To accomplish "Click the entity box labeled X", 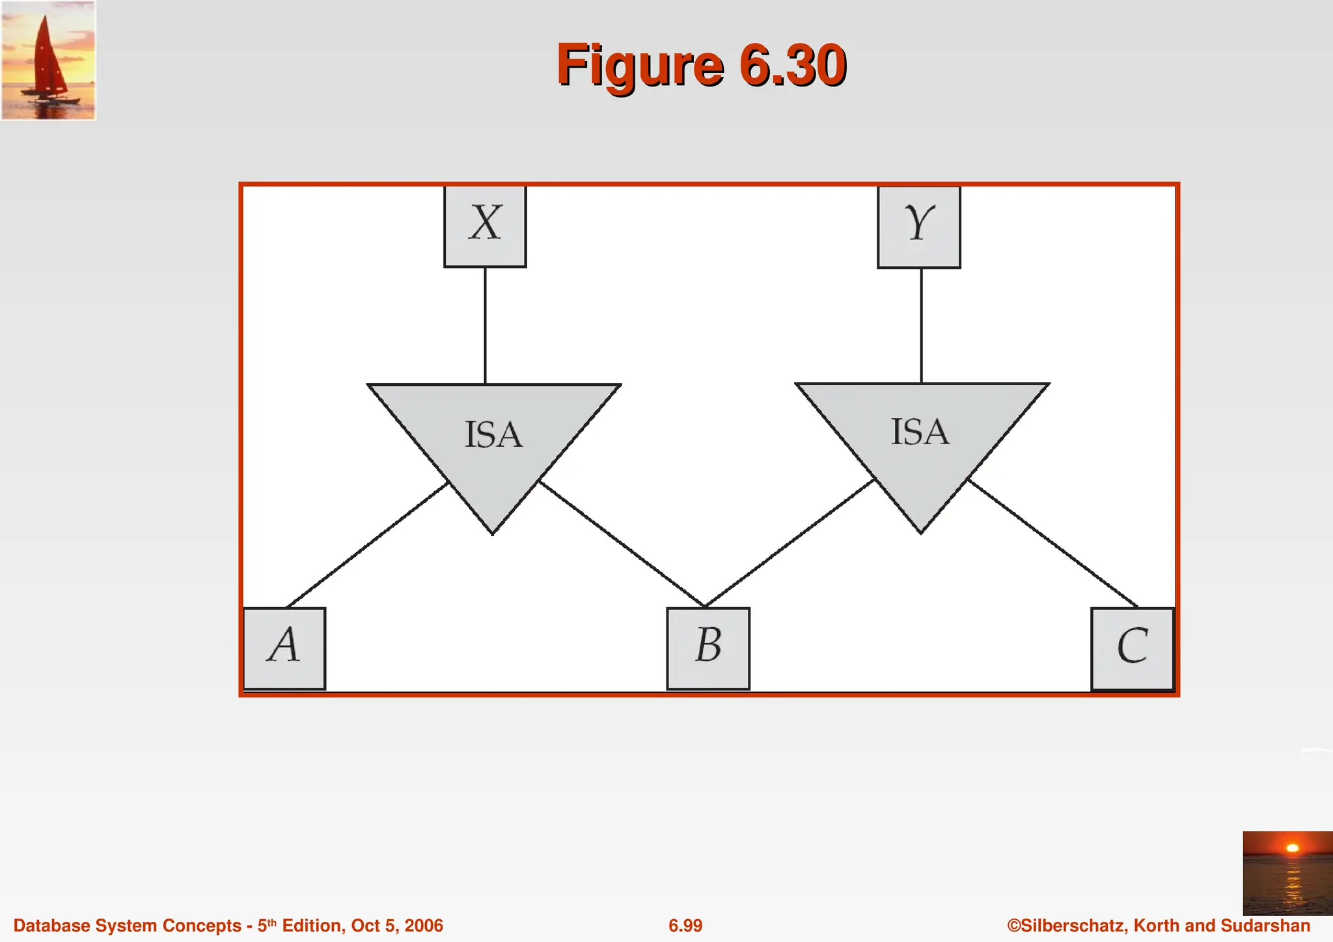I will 485,226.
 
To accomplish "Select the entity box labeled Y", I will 918,226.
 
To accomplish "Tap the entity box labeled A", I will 284,648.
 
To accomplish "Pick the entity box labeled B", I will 708,648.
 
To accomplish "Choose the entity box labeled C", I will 1133,648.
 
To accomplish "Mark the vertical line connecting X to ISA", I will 485,325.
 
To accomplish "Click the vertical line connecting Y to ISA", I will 921,325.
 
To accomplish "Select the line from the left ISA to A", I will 368,545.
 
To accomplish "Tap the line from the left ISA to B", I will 622,544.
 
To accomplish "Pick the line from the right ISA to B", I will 789,543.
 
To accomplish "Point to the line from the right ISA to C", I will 1053,544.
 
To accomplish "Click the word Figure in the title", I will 640,65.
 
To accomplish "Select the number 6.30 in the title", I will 793,65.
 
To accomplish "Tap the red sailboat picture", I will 48,60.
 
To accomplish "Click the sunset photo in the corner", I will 1287,872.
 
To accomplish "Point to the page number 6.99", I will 685,926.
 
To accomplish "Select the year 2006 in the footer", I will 424,926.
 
